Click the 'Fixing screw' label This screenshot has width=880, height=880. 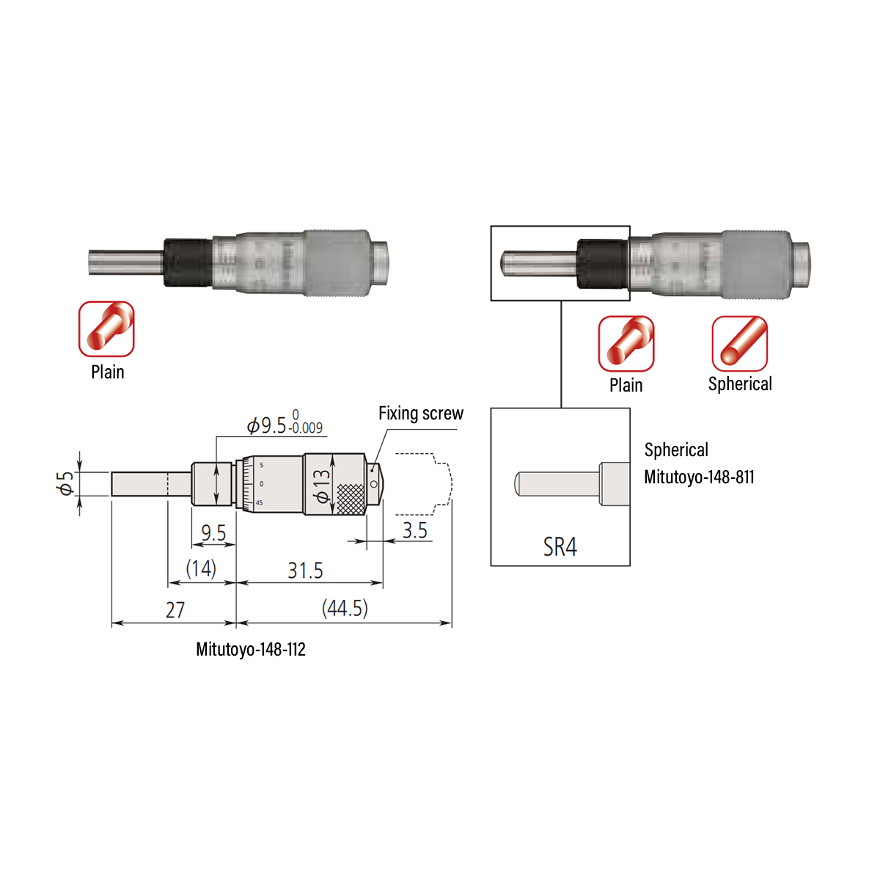pos(420,414)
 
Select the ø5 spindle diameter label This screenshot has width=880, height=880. pos(66,483)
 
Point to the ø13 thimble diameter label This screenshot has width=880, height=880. pos(321,485)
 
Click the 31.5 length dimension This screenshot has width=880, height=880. pos(305,570)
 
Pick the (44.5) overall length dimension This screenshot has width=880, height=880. pos(345,608)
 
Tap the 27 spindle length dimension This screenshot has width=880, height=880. pos(175,610)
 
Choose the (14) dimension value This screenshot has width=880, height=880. pos(200,568)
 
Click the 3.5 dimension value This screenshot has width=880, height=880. pos(414,530)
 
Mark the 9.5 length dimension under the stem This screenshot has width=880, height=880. pos(213,533)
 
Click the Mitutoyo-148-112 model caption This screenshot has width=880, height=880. pos(251,650)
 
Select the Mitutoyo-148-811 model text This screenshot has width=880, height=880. pos(699,477)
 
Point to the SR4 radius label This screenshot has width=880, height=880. pos(560,547)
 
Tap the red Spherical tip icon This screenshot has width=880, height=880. pos(739,343)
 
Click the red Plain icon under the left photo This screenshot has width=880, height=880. pos(106,329)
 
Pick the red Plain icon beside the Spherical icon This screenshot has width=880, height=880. pos(626,343)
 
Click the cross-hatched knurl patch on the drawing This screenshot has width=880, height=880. pos(350,499)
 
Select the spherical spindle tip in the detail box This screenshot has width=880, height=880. pos(519,483)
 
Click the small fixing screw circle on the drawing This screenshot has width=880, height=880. pos(374,484)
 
